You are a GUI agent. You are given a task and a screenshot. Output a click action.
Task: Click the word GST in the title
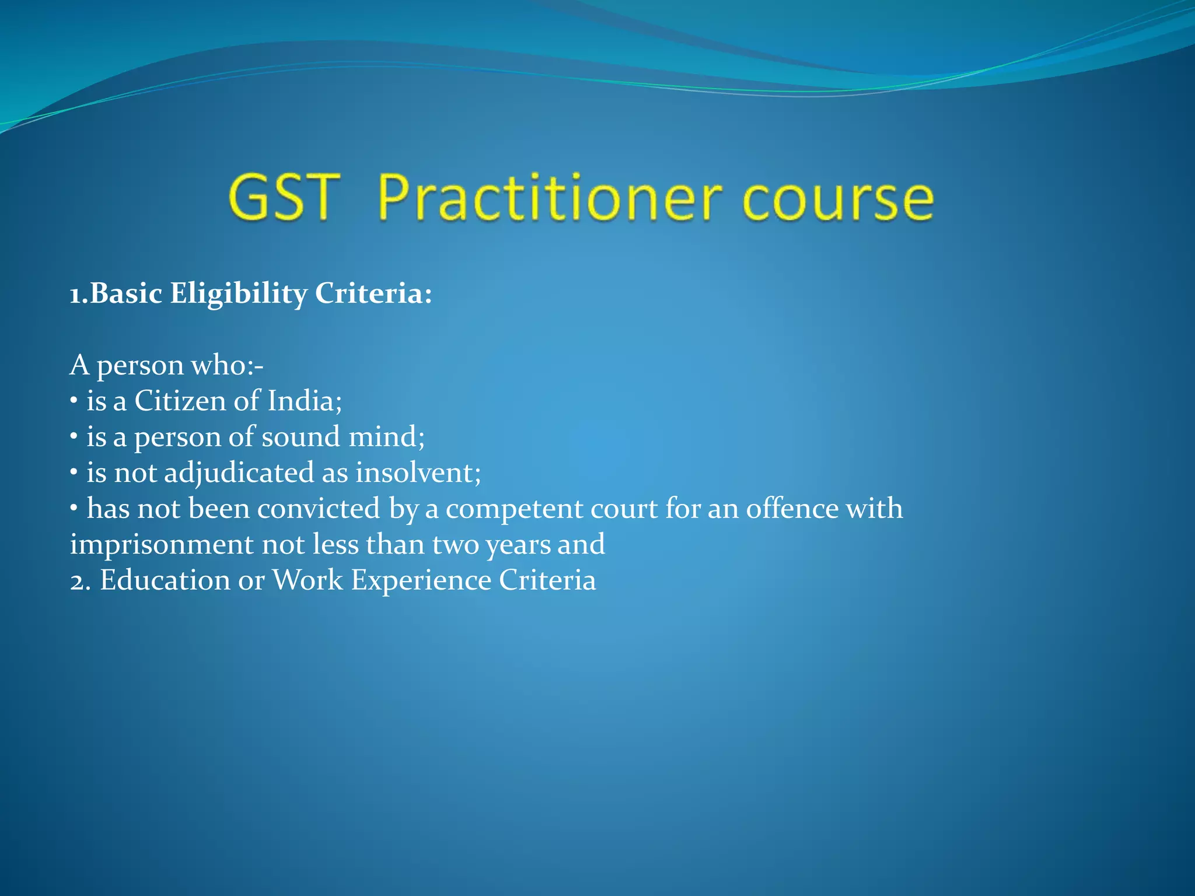[x=284, y=198]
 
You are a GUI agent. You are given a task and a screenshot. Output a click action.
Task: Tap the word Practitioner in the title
[x=550, y=198]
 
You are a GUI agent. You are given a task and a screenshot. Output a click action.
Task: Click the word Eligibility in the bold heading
[x=238, y=293]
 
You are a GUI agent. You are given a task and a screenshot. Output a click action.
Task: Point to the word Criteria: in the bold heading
[x=373, y=293]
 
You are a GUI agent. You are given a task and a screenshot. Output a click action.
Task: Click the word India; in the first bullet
[x=305, y=401]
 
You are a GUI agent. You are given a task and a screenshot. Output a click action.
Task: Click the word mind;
[x=387, y=437]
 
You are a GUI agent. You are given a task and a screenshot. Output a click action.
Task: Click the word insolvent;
[x=418, y=473]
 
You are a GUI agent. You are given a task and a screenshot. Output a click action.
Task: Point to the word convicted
[x=319, y=509]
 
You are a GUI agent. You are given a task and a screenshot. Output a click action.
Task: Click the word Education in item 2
[x=165, y=580]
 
